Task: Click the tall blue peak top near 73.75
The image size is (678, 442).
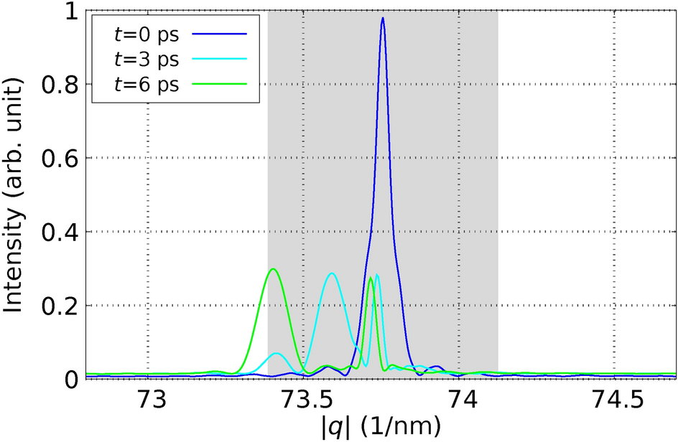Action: pos(383,19)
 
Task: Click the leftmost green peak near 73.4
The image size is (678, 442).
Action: pos(273,269)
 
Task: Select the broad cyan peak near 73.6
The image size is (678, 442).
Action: pos(331,273)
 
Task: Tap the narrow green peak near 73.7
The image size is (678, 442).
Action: pos(371,278)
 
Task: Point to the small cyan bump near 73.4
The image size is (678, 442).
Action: pos(277,353)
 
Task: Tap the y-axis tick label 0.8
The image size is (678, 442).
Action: pos(60,85)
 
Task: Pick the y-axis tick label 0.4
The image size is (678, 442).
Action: pos(60,232)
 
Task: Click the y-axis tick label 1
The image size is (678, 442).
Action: pos(71,11)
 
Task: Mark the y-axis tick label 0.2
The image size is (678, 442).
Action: pos(60,306)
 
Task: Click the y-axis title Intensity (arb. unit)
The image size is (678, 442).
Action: pos(16,194)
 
